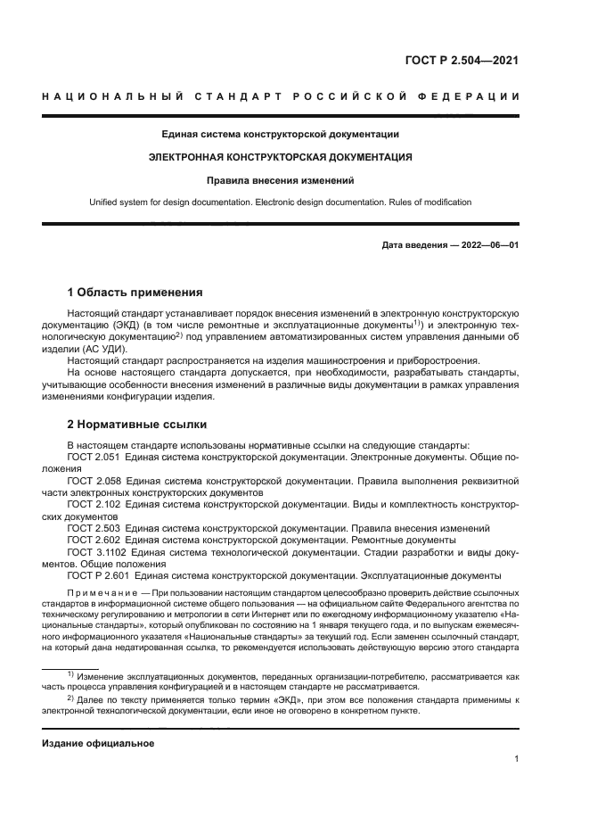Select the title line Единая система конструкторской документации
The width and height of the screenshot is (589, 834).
(x=280, y=134)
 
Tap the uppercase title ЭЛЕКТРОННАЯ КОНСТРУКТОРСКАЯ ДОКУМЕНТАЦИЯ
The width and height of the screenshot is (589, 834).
(x=280, y=157)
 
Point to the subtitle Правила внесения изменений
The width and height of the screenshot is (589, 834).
(x=280, y=180)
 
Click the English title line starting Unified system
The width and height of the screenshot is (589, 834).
(x=280, y=202)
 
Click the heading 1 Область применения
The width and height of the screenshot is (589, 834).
(x=136, y=292)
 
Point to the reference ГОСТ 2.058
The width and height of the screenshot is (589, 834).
(x=94, y=481)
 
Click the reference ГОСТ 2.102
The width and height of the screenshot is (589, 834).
(x=94, y=504)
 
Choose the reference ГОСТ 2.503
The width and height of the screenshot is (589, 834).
(x=94, y=528)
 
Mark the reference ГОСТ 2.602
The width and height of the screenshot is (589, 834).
(x=94, y=540)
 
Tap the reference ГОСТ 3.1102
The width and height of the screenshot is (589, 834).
(x=97, y=551)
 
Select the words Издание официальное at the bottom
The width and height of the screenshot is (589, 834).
(x=99, y=743)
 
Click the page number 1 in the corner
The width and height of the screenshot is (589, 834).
(x=516, y=759)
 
